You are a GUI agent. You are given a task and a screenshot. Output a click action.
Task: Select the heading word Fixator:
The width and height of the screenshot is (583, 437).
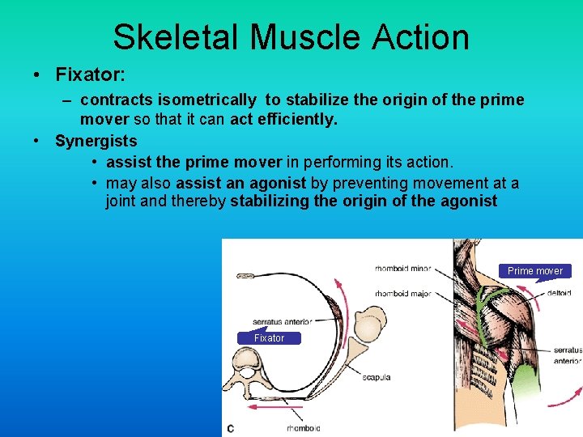90,74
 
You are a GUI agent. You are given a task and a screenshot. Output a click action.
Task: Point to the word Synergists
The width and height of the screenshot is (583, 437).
96,141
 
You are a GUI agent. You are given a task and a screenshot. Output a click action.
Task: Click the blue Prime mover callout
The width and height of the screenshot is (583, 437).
534,271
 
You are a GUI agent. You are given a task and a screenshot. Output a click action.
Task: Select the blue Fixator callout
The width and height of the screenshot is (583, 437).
269,338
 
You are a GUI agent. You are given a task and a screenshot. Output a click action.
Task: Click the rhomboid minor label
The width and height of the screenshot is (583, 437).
402,269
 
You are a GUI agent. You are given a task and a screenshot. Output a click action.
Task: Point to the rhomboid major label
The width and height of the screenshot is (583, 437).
402,293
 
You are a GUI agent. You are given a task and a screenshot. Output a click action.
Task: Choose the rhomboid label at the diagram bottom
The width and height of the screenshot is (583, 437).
303,427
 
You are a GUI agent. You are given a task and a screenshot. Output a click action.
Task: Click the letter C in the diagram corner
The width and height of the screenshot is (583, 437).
231,427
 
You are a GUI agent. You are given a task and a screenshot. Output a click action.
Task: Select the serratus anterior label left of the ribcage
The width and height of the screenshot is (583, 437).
282,321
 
